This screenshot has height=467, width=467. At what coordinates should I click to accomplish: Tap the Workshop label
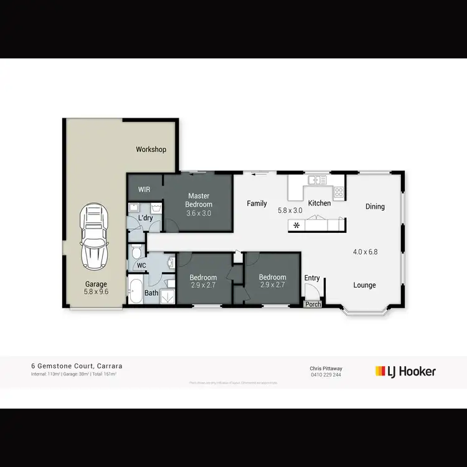tap(151, 149)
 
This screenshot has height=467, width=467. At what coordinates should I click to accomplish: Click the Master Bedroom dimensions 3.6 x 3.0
tap(199, 213)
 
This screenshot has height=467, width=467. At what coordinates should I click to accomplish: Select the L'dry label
tap(145, 218)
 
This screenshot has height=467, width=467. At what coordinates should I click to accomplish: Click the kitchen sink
tap(318, 181)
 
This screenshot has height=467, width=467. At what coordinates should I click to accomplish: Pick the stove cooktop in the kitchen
tap(339, 192)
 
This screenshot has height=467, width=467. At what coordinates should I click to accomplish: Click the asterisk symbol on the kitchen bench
tap(296, 225)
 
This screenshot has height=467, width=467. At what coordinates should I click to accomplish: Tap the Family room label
tap(257, 204)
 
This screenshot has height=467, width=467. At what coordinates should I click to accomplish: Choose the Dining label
tap(375, 207)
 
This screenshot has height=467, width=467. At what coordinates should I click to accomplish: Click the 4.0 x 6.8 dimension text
tap(366, 252)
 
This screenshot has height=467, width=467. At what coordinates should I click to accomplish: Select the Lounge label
tap(364, 285)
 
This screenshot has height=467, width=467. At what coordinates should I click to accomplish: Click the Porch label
tap(313, 304)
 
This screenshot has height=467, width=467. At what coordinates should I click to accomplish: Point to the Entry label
tap(311, 278)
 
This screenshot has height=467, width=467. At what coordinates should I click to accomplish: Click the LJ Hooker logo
tap(405, 371)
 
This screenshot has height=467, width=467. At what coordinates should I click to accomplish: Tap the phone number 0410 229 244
tap(326, 375)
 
